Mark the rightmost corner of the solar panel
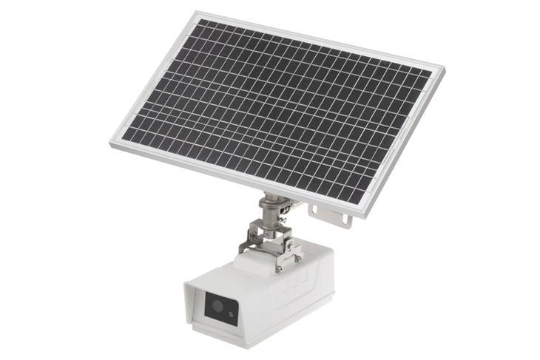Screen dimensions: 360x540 [x=444, y=68]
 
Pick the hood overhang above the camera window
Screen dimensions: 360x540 [x=215, y=285]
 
